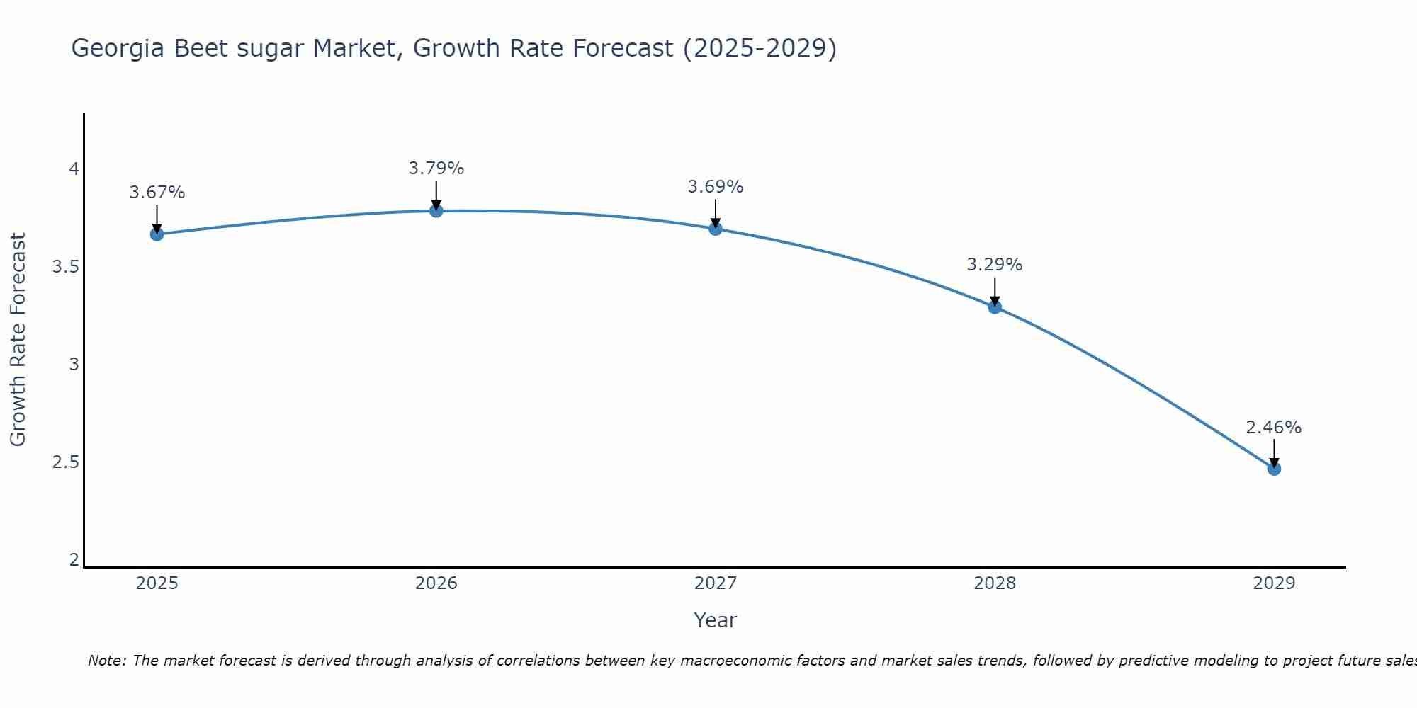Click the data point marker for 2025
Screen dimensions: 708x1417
[x=157, y=234]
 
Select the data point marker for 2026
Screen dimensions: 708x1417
[x=436, y=211]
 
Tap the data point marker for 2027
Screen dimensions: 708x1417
[x=715, y=229]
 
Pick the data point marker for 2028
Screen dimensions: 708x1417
[x=994, y=307]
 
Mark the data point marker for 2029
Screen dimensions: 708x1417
[x=1273, y=469]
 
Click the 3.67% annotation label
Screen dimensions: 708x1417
[x=157, y=193]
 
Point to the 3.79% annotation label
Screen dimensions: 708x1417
[x=436, y=169]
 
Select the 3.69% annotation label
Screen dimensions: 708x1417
[x=715, y=187]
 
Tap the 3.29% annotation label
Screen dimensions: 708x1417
[x=994, y=265]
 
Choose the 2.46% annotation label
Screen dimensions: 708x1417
[x=1273, y=428]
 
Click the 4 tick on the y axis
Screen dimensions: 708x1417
[x=74, y=169]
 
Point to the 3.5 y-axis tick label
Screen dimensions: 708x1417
[x=65, y=267]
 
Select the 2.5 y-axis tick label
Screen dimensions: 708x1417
[x=65, y=462]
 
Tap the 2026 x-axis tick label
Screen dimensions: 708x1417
[x=436, y=583]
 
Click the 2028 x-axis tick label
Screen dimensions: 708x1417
[x=994, y=583]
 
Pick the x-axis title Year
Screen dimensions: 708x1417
[x=715, y=620]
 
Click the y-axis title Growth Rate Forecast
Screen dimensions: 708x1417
[x=18, y=340]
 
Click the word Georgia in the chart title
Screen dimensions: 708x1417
[x=118, y=49]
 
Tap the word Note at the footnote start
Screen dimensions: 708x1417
[x=106, y=661]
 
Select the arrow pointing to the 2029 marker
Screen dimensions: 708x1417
[x=1273, y=453]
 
